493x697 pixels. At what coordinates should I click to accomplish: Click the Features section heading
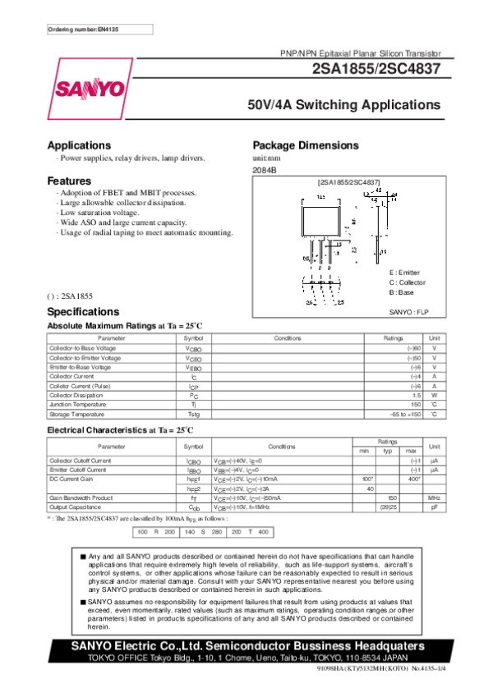tap(69, 181)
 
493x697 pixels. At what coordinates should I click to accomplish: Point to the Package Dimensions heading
tap(306, 145)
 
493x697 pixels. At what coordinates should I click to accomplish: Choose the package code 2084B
tap(265, 169)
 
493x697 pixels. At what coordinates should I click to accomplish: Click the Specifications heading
tap(83, 312)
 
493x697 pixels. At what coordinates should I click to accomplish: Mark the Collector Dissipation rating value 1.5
tap(417, 395)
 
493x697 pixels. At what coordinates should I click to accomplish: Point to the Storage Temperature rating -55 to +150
tap(405, 414)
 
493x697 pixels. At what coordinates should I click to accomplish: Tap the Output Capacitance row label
tap(81, 507)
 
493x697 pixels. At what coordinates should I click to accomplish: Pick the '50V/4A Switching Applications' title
tap(344, 106)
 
